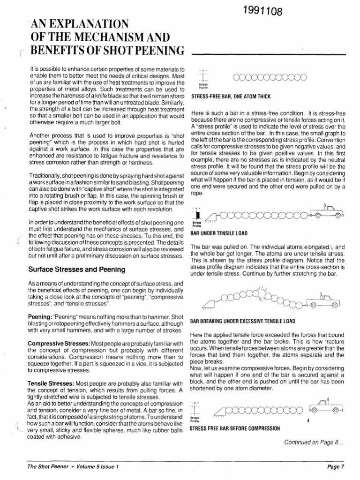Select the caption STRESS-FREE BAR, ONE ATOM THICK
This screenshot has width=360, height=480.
coord(231,97)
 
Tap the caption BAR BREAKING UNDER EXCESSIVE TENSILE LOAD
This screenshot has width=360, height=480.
coord(242,322)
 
